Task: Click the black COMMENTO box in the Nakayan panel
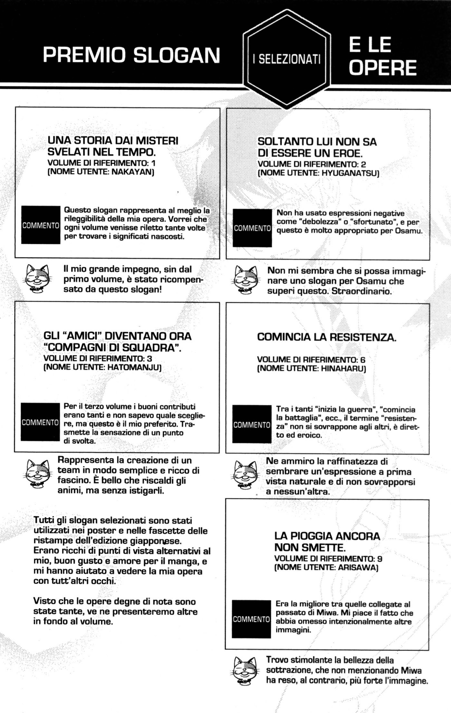tap(41, 225)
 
